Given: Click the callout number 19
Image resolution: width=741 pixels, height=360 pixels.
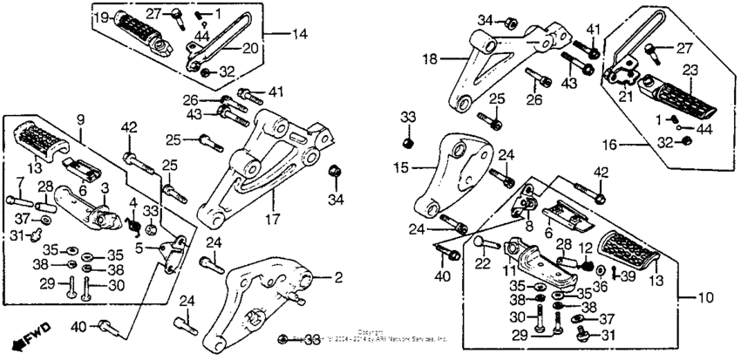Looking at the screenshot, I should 100,17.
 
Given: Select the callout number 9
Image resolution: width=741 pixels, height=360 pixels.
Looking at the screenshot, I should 79,119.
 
